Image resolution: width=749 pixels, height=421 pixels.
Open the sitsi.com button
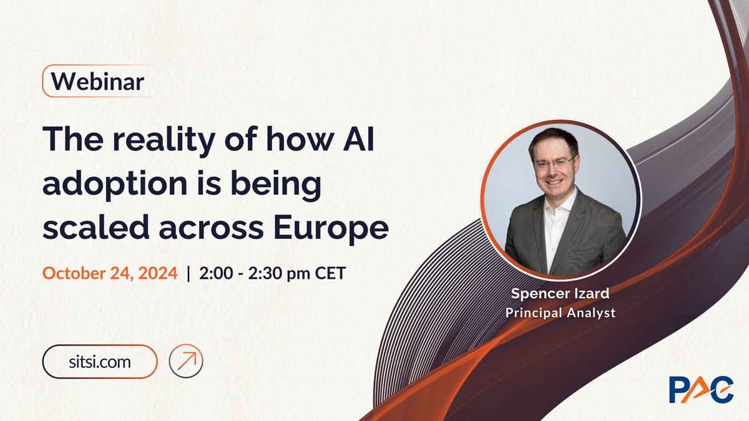(x=99, y=361)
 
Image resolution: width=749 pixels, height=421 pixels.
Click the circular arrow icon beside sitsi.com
(x=186, y=361)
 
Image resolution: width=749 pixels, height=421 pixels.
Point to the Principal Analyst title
(x=560, y=312)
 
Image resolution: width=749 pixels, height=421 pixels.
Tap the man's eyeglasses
(x=554, y=163)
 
